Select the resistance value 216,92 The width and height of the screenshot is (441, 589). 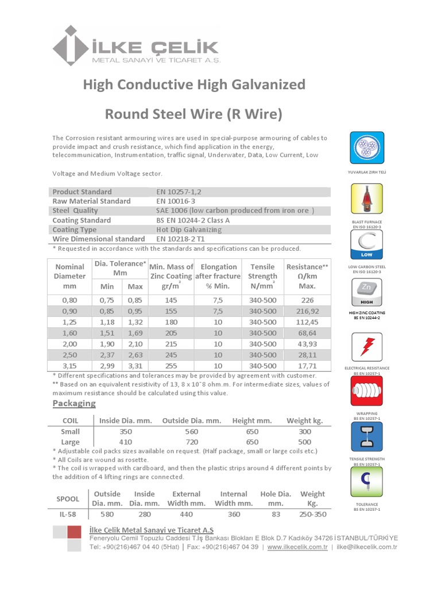[308, 311]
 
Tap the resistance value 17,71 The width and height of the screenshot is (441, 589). [308, 365]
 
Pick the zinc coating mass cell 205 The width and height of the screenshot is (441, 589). [171, 332]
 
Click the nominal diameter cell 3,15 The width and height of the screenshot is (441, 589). [69, 365]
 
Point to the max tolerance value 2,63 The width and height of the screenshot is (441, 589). [135, 354]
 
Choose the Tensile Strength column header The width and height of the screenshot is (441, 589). [262, 276]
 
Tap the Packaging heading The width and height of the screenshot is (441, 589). [74, 403]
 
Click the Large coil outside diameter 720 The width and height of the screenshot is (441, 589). [191, 442]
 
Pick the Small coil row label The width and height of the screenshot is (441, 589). [70, 431]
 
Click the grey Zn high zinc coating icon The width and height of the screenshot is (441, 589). [366, 293]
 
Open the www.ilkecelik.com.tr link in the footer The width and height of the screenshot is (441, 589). [298, 547]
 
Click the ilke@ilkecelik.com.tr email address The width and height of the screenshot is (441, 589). [367, 547]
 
